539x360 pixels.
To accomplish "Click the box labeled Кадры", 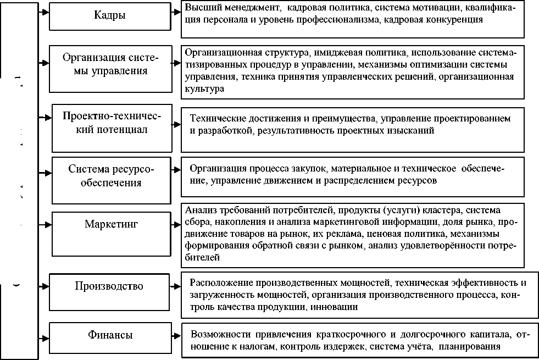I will coord(110,16).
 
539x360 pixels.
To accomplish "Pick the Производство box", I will coord(110,286).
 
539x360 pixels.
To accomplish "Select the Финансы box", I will coord(110,335).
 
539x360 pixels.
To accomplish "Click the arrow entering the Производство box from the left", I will coord(43,286).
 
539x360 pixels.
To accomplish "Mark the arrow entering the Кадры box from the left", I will coord(43,11).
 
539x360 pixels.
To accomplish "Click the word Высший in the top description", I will coord(201,8).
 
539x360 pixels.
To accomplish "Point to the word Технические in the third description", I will coord(215,119).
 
